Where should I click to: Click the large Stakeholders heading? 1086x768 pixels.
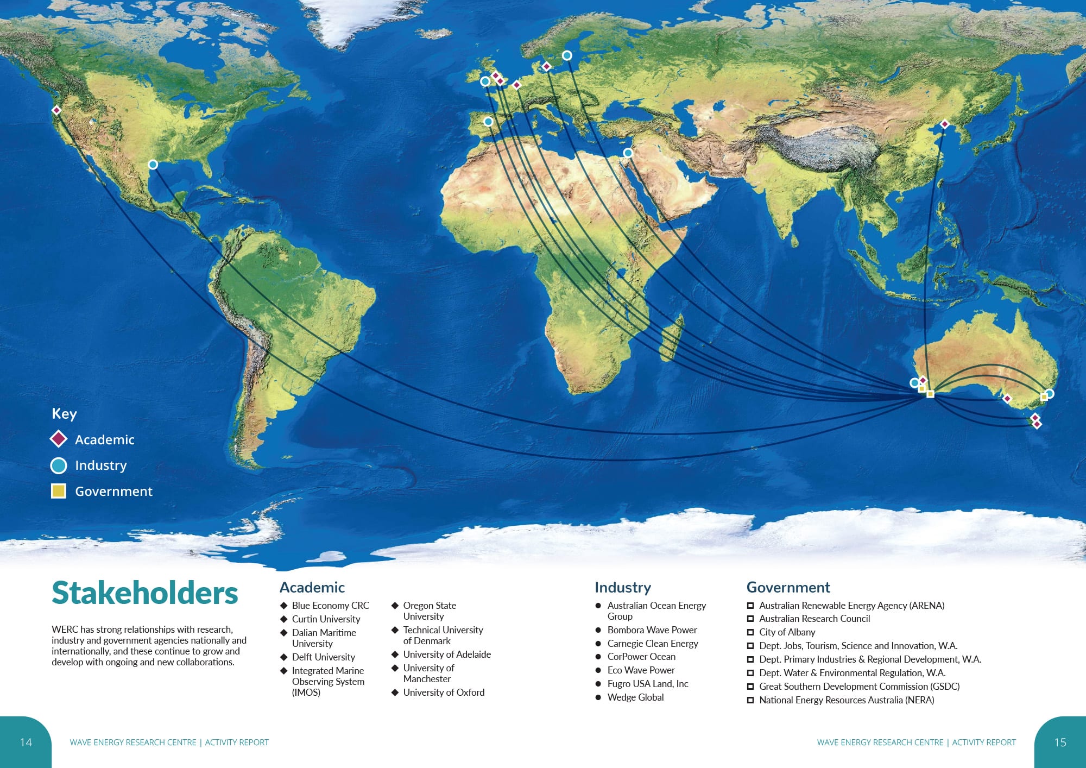(x=145, y=593)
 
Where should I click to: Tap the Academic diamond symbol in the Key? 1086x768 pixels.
(x=59, y=439)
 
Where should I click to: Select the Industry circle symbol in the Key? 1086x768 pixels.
(x=59, y=465)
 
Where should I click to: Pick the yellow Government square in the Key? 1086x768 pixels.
(x=59, y=491)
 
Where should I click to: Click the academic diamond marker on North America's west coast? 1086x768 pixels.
(x=56, y=110)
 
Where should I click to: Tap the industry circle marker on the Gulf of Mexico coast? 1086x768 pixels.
(x=153, y=165)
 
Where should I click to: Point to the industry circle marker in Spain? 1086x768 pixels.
(x=488, y=122)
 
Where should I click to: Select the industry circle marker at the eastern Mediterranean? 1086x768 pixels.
(x=628, y=153)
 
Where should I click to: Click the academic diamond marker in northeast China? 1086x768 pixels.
(x=944, y=124)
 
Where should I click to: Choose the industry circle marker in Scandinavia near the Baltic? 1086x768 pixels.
(x=567, y=55)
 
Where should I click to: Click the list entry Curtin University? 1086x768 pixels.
(x=326, y=619)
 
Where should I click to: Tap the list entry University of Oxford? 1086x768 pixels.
(x=444, y=693)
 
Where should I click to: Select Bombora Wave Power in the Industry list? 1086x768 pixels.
(x=652, y=630)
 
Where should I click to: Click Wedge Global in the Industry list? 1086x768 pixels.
(x=635, y=697)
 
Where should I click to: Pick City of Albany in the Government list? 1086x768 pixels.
(x=787, y=632)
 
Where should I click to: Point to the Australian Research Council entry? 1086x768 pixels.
(x=814, y=619)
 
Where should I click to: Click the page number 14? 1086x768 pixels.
(x=26, y=742)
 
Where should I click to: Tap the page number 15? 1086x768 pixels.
(x=1060, y=742)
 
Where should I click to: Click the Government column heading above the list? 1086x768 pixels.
(x=788, y=588)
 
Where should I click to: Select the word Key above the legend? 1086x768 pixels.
(x=64, y=414)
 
